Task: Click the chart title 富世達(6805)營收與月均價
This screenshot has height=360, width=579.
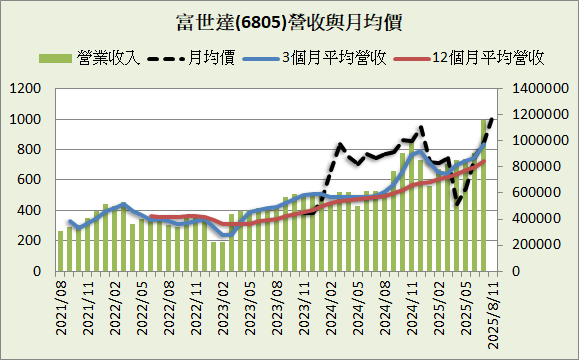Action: (289, 19)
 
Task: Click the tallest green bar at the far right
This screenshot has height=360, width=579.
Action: (484, 195)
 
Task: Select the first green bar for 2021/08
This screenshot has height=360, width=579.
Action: (61, 251)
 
